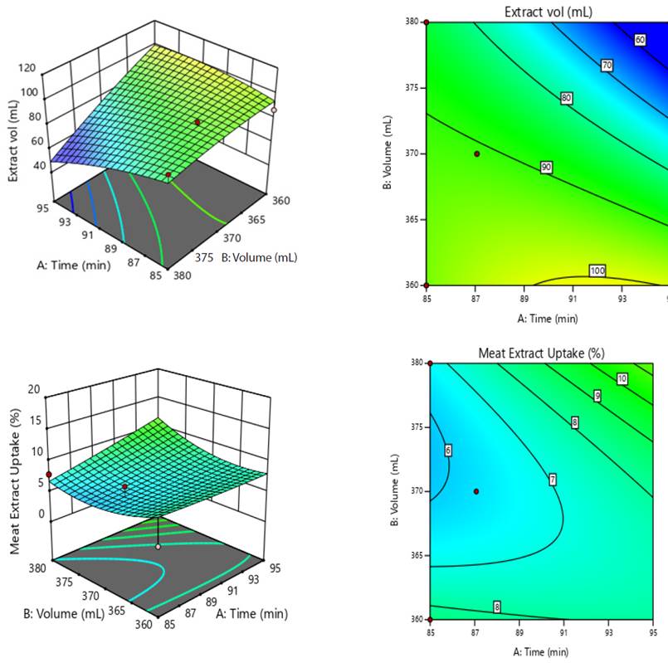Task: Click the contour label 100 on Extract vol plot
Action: point(597,271)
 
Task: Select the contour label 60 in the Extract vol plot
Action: point(640,39)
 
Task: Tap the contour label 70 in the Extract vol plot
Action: point(607,66)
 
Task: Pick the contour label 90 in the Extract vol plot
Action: point(546,168)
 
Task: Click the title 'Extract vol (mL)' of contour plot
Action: point(548,12)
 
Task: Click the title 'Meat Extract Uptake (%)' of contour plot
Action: point(541,353)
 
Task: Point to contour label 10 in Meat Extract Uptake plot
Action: point(622,379)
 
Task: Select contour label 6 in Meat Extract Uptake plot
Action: point(448,451)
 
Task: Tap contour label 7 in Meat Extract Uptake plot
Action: point(552,480)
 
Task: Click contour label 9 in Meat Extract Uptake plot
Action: point(597,396)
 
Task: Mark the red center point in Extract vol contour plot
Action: point(476,154)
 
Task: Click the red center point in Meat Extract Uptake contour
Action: point(476,491)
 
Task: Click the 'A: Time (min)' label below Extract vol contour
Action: point(548,318)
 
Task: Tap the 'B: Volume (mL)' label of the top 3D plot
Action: point(258,257)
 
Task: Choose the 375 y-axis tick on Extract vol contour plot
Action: point(412,88)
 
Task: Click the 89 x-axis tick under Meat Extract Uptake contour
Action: point(519,631)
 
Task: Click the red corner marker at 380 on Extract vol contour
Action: point(427,23)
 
